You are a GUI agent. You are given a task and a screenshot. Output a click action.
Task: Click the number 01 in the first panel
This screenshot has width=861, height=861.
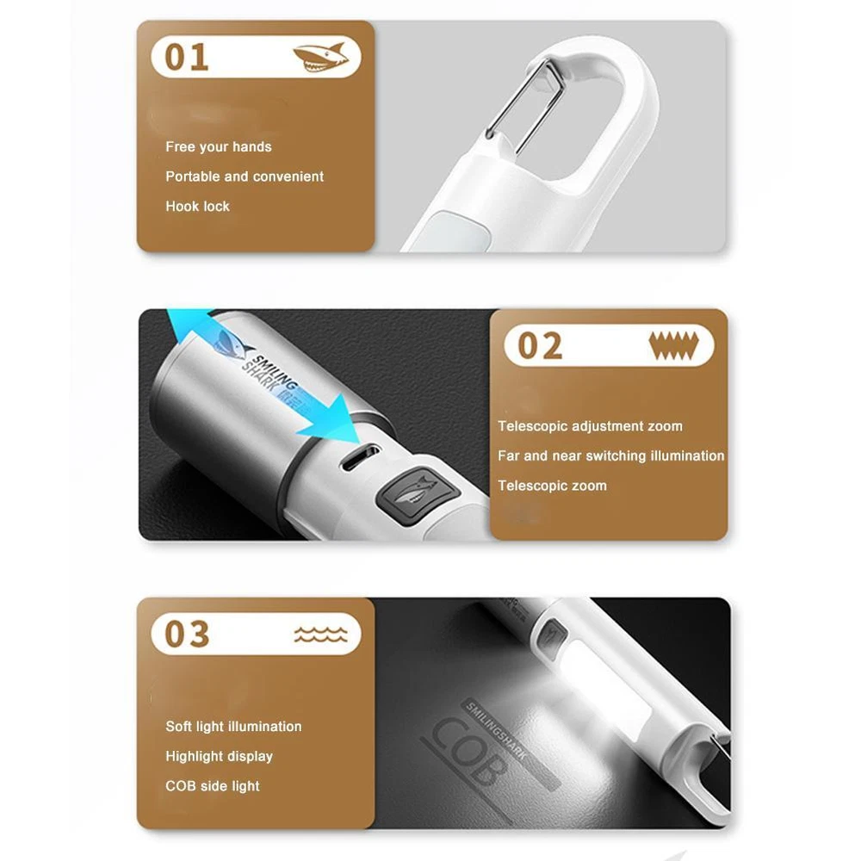click(x=187, y=57)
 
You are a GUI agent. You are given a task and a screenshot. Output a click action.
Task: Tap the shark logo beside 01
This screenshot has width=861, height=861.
click(x=320, y=58)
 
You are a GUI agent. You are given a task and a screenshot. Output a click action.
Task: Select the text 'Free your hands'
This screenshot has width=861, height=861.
click(x=219, y=147)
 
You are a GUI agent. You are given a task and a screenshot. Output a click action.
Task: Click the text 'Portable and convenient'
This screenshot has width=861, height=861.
click(x=245, y=177)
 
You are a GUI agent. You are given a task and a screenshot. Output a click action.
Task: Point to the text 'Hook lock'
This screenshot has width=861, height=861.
click(x=198, y=207)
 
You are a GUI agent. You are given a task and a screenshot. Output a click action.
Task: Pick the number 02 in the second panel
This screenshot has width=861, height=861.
click(x=541, y=346)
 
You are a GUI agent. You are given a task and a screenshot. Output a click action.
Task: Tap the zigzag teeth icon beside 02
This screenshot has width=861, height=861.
click(x=673, y=345)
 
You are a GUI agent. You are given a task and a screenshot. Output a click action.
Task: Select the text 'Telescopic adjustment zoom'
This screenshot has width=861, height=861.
click(x=591, y=426)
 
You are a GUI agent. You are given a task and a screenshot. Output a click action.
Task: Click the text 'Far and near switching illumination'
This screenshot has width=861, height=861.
click(x=611, y=455)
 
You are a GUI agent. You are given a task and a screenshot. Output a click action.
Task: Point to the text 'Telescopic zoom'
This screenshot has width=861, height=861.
click(x=553, y=486)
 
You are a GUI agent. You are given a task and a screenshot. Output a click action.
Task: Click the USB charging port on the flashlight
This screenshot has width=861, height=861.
click(x=360, y=457)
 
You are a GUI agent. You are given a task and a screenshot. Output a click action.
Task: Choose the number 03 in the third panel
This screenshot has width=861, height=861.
click(x=187, y=635)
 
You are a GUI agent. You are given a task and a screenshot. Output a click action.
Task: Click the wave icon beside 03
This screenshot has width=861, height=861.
click(x=320, y=635)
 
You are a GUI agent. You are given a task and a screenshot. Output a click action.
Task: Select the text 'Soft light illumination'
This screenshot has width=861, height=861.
click(x=233, y=727)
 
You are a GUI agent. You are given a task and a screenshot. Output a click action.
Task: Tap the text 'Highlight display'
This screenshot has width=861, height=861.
click(x=219, y=756)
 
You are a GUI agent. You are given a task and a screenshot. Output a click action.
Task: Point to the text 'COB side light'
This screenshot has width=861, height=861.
click(x=213, y=786)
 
